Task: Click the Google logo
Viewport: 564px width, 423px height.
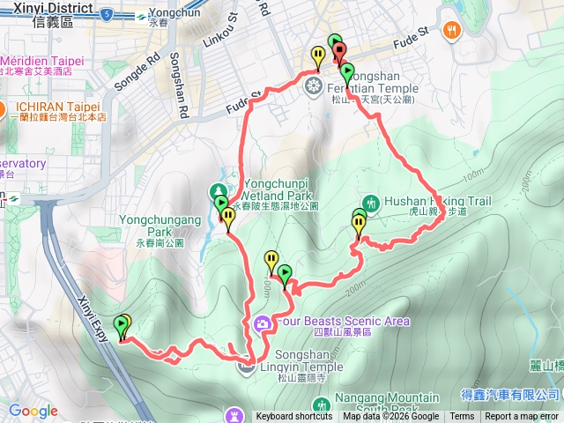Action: tap(33, 411)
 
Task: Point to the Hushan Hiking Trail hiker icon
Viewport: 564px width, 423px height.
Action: tap(369, 202)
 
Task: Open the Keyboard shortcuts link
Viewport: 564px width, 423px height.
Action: tap(294, 417)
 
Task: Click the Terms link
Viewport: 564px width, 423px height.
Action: tap(461, 417)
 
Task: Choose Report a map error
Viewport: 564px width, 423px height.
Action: tap(522, 417)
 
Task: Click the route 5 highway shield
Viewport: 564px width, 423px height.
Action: tap(107, 14)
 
